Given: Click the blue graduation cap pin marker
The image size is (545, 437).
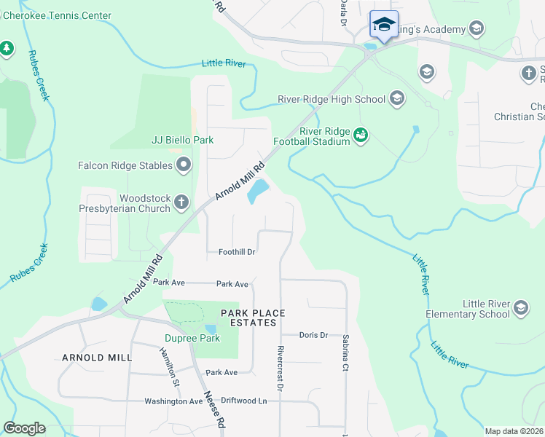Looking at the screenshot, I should (384, 25).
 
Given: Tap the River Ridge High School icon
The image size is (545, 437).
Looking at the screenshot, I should (397, 99).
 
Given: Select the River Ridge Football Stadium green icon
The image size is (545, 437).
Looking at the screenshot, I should (361, 135).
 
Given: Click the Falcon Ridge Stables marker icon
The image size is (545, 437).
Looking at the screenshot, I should (183, 165).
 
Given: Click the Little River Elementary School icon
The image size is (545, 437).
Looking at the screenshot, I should (521, 308).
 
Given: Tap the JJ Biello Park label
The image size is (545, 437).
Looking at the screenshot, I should (182, 140).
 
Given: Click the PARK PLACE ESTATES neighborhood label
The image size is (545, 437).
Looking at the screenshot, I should (250, 318).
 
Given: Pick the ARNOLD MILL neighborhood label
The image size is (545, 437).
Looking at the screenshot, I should (97, 358).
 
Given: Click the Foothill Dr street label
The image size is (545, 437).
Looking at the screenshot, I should (237, 253).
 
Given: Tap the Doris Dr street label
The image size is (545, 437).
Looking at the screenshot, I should (314, 335).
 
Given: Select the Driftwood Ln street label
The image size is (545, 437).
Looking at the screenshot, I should (244, 401).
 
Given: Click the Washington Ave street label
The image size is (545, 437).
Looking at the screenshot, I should (173, 401).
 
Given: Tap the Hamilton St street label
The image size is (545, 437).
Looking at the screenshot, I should (169, 362).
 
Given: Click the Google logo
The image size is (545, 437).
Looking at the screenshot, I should (24, 428).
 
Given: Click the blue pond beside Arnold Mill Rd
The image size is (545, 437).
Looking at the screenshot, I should (257, 192).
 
